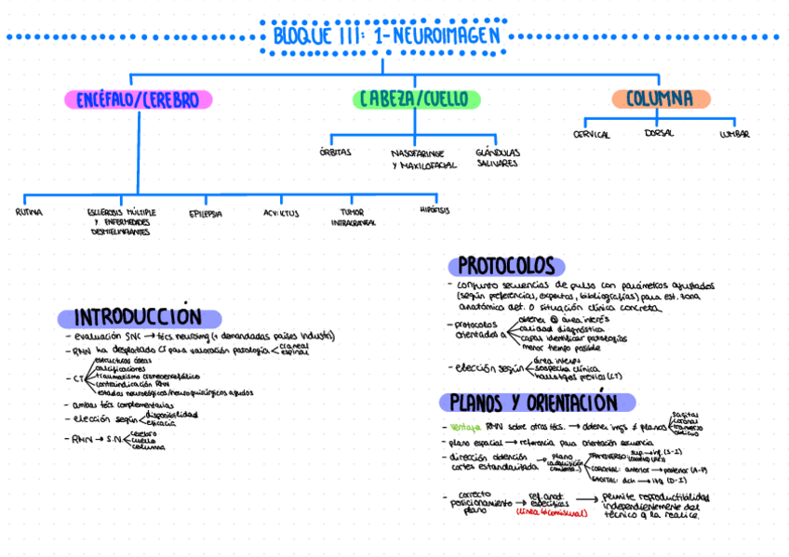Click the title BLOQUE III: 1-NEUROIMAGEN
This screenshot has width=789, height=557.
[x=387, y=36]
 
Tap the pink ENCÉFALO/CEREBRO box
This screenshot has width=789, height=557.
[x=138, y=99]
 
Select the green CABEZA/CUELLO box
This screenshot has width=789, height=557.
[x=416, y=99]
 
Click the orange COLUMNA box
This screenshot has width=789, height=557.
[x=660, y=99]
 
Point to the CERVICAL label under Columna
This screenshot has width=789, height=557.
[x=592, y=135]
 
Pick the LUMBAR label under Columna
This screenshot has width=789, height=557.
[x=734, y=135]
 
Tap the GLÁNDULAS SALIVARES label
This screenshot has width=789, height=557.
[x=497, y=157]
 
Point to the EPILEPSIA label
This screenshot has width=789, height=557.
[x=206, y=213]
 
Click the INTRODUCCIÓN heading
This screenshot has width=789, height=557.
[x=138, y=317]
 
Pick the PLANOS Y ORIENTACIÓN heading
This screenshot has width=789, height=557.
[x=533, y=403]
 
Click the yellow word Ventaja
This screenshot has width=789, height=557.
[x=464, y=427]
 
